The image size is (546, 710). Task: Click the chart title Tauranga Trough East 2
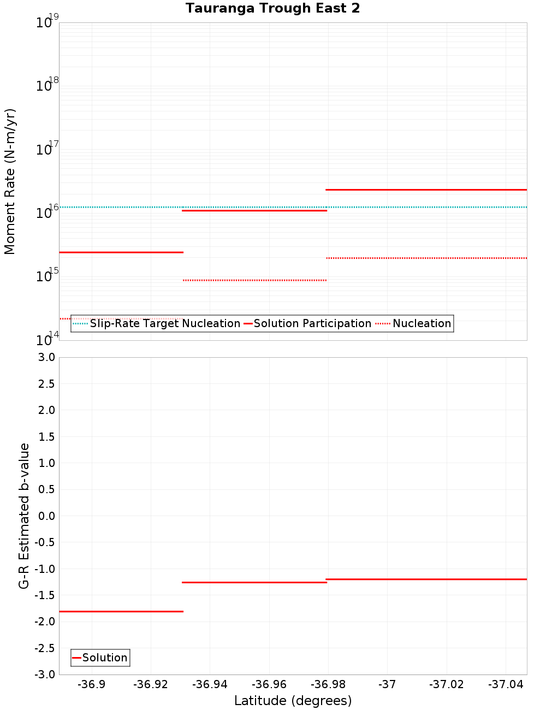coord(272,8)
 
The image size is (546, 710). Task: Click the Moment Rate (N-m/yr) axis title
coord(10,181)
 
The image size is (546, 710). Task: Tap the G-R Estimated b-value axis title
coord(24,516)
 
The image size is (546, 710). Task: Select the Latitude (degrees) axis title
coord(293,701)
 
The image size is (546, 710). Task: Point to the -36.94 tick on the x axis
coord(210,684)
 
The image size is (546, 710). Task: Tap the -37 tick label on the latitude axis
coord(387,684)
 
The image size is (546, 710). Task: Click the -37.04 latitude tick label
coord(506,684)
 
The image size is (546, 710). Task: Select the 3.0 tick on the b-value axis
coord(46,357)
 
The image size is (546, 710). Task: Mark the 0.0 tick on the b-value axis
coord(46,516)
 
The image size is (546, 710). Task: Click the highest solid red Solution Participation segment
coord(426,190)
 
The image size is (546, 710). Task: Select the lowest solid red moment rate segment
coord(121,252)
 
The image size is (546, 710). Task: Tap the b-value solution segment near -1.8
coord(121,611)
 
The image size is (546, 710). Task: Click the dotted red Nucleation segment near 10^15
coord(254,280)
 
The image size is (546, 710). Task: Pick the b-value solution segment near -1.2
coord(426,579)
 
